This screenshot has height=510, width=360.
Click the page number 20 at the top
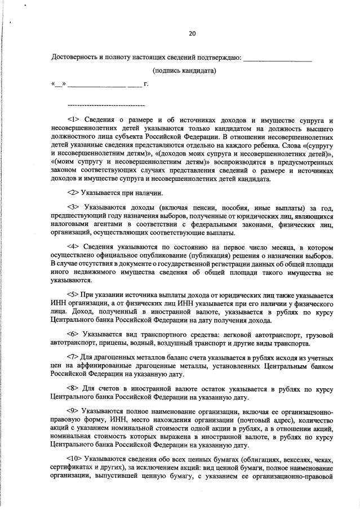click(192, 34)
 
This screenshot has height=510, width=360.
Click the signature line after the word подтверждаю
click(278, 58)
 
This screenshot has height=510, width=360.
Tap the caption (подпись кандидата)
click(185, 71)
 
